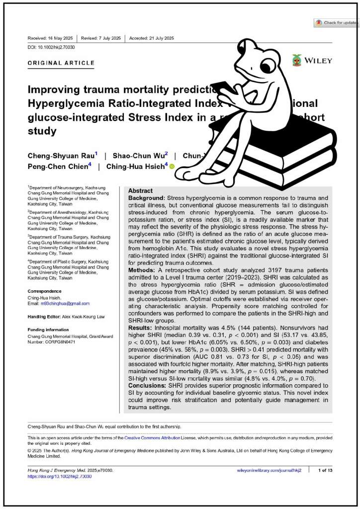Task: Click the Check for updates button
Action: coord(336,23)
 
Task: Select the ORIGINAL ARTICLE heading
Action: coord(61,63)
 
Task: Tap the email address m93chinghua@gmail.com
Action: coord(65,303)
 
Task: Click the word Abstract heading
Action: coord(140,191)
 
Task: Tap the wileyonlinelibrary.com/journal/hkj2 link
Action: coord(270,470)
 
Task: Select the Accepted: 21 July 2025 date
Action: coord(152,38)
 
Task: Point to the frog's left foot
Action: coord(189,174)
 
